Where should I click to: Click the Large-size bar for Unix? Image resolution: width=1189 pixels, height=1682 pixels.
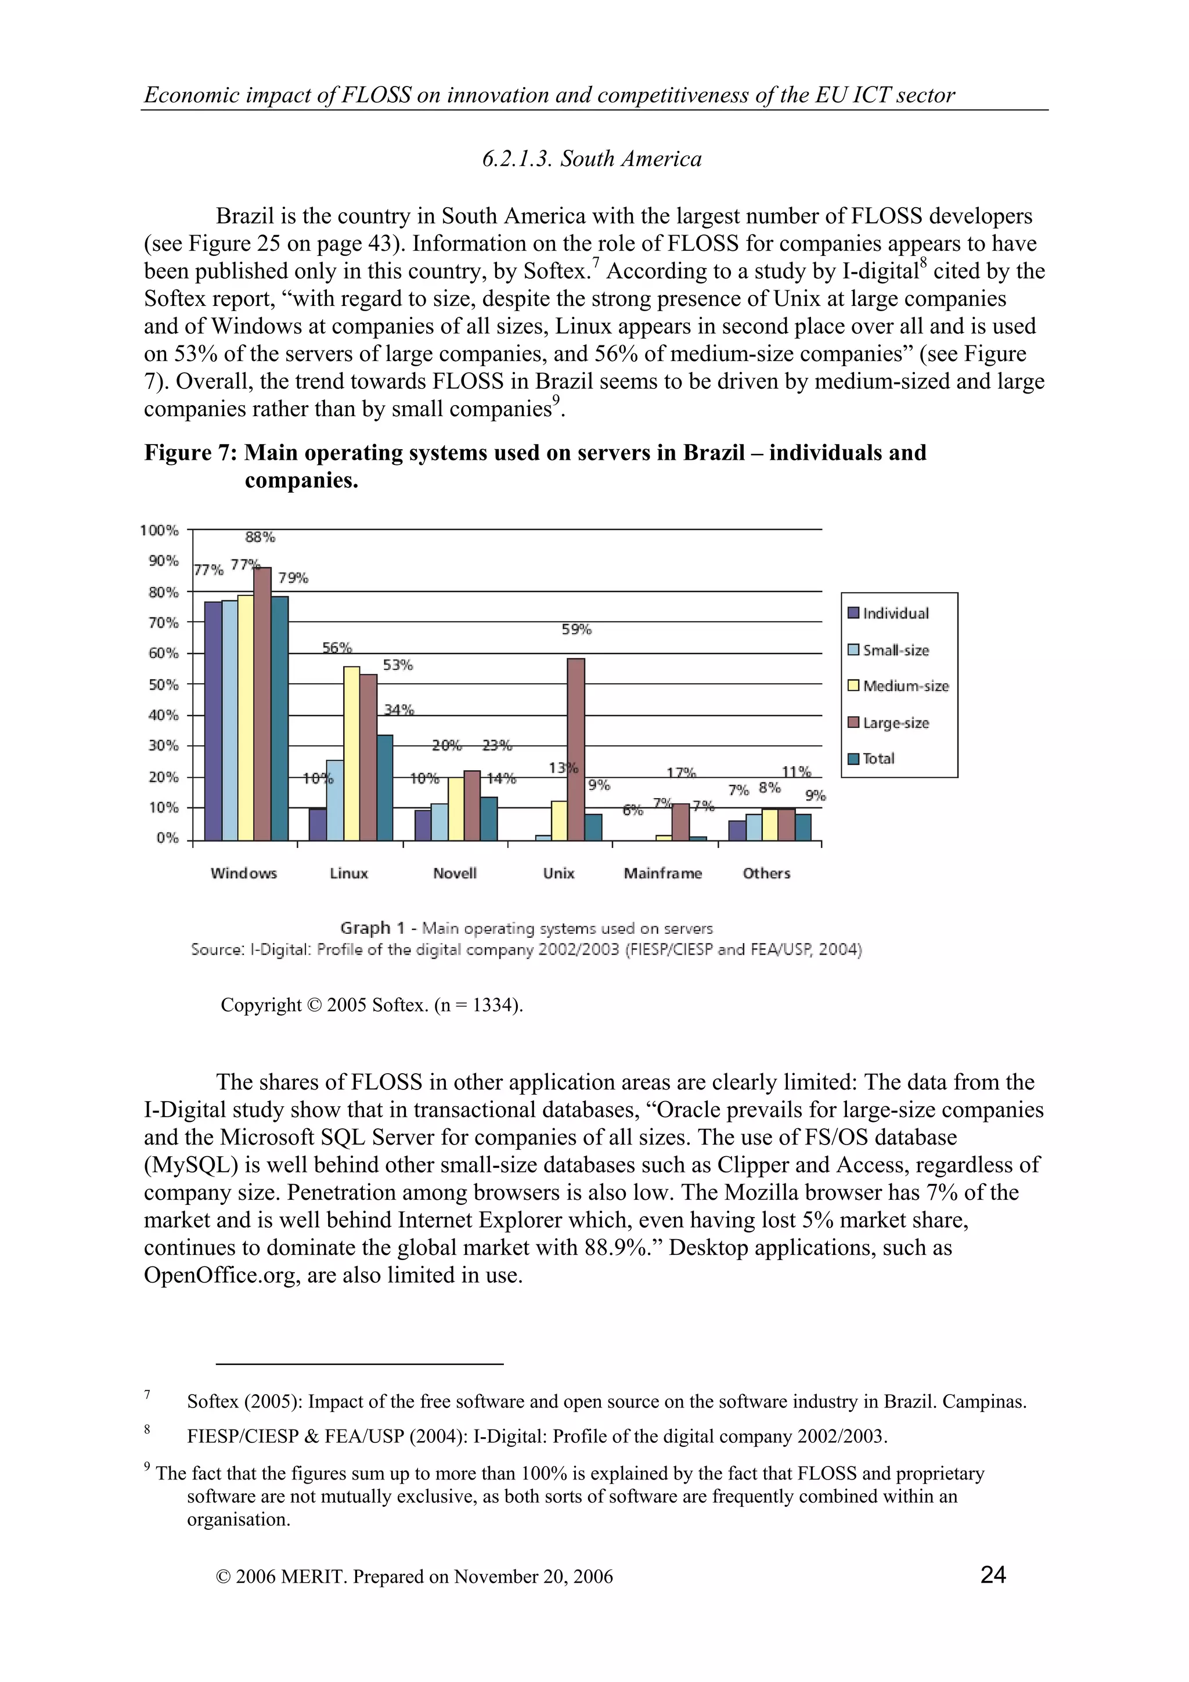pyautogui.click(x=576, y=749)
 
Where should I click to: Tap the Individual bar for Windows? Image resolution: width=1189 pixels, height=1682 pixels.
pyautogui.click(x=212, y=721)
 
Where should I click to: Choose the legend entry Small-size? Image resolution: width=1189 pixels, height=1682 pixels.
pyautogui.click(x=895, y=650)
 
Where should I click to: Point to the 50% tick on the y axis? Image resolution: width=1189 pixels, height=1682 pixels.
pyautogui.click(x=164, y=684)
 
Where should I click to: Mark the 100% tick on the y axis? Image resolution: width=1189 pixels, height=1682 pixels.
pyautogui.click(x=160, y=530)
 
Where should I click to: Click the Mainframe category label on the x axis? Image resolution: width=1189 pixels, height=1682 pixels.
pyautogui.click(x=662, y=874)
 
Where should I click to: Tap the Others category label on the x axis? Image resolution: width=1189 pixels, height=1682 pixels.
pyautogui.click(x=766, y=874)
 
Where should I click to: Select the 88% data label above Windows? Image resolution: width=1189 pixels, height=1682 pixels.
pyautogui.click(x=260, y=537)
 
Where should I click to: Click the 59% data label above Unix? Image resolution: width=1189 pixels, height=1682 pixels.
pyautogui.click(x=577, y=629)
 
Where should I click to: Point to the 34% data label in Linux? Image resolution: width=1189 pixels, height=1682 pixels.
pyautogui.click(x=399, y=709)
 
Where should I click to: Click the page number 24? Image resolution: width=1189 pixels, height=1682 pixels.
pyautogui.click(x=993, y=1574)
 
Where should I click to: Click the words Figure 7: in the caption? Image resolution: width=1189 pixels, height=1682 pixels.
pyautogui.click(x=190, y=453)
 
